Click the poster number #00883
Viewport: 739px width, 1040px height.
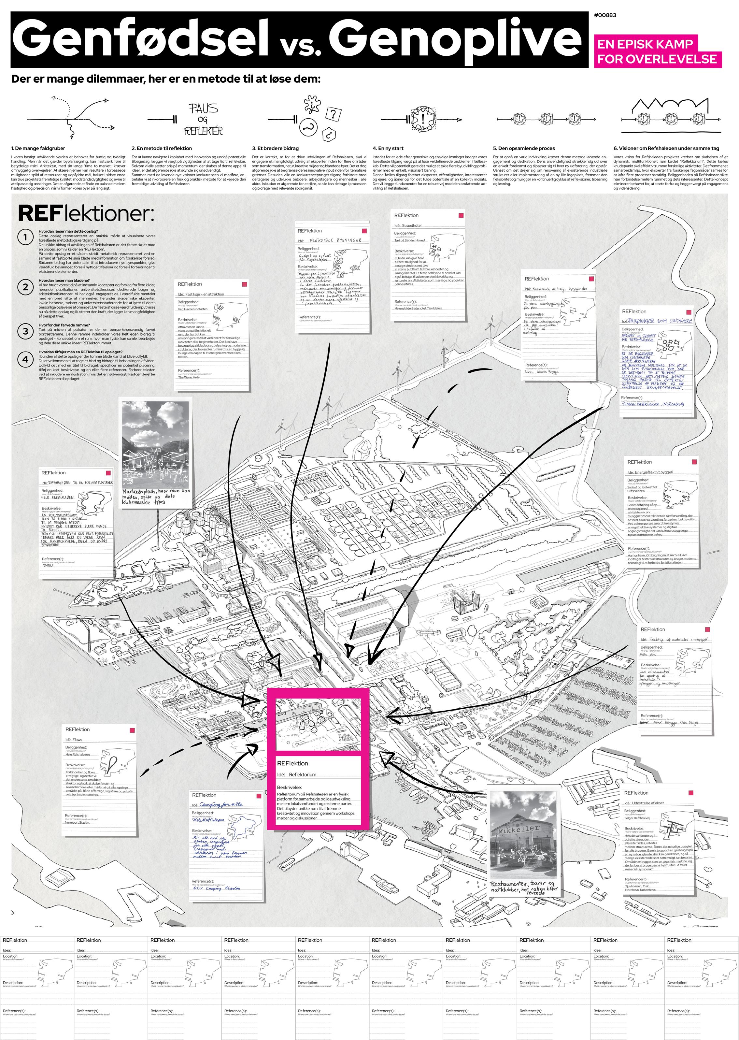coord(605,15)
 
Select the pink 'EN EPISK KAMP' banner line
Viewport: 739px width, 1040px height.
coord(645,44)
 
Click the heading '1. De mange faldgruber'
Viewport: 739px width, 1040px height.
coord(38,148)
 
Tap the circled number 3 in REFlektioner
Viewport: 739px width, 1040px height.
coord(25,332)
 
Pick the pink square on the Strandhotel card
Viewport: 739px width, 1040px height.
coord(461,215)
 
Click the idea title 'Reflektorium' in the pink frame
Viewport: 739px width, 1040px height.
coord(303,774)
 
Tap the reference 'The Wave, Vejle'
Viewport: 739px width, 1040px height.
coord(189,377)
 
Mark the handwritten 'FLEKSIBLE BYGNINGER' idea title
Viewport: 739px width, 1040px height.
coord(335,240)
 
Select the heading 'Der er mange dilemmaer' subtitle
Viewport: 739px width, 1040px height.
coord(166,79)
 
